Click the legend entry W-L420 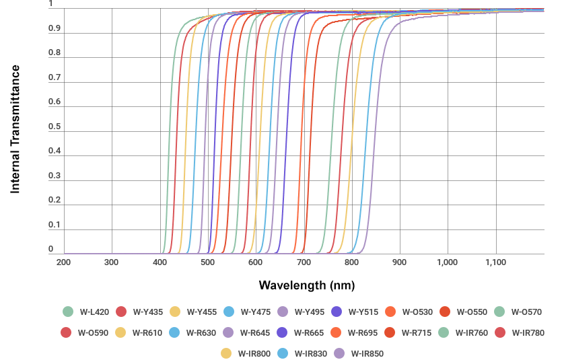88,312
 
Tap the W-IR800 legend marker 226,353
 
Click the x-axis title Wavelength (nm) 306,285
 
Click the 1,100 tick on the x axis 495,262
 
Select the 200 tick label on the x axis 63,262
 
